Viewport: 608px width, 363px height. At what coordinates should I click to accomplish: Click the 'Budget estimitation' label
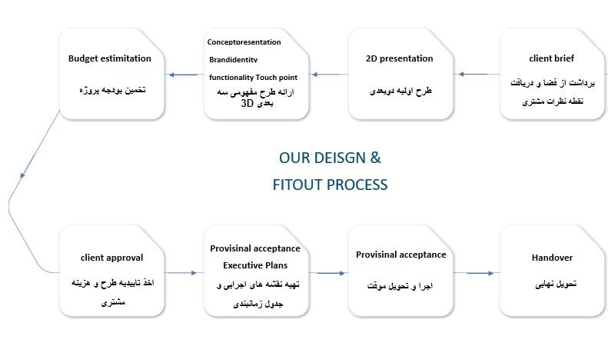(110, 58)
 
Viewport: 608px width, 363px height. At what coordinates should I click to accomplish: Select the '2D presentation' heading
(400, 58)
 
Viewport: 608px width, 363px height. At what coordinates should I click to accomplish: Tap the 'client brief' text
(551, 58)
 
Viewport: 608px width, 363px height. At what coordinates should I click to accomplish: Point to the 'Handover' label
(552, 258)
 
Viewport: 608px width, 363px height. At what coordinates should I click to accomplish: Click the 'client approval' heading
(111, 258)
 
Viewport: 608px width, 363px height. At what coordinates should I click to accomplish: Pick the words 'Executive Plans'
(255, 265)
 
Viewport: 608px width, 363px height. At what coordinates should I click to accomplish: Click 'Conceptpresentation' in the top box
(244, 42)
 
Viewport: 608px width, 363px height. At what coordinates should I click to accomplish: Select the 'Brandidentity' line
(234, 59)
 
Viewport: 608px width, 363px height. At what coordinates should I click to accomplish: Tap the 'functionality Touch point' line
(253, 77)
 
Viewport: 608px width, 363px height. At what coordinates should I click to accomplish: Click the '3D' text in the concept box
(247, 103)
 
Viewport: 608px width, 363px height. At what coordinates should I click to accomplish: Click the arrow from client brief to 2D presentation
(479, 74)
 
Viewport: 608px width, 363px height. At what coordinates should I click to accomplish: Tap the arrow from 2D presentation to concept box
(330, 75)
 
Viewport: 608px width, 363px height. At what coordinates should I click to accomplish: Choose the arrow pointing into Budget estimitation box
(183, 75)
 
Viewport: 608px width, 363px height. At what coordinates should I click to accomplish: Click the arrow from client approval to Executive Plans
(181, 273)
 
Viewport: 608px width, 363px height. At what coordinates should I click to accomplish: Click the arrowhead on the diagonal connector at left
(22, 175)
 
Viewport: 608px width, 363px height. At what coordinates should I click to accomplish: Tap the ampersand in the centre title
(375, 158)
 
